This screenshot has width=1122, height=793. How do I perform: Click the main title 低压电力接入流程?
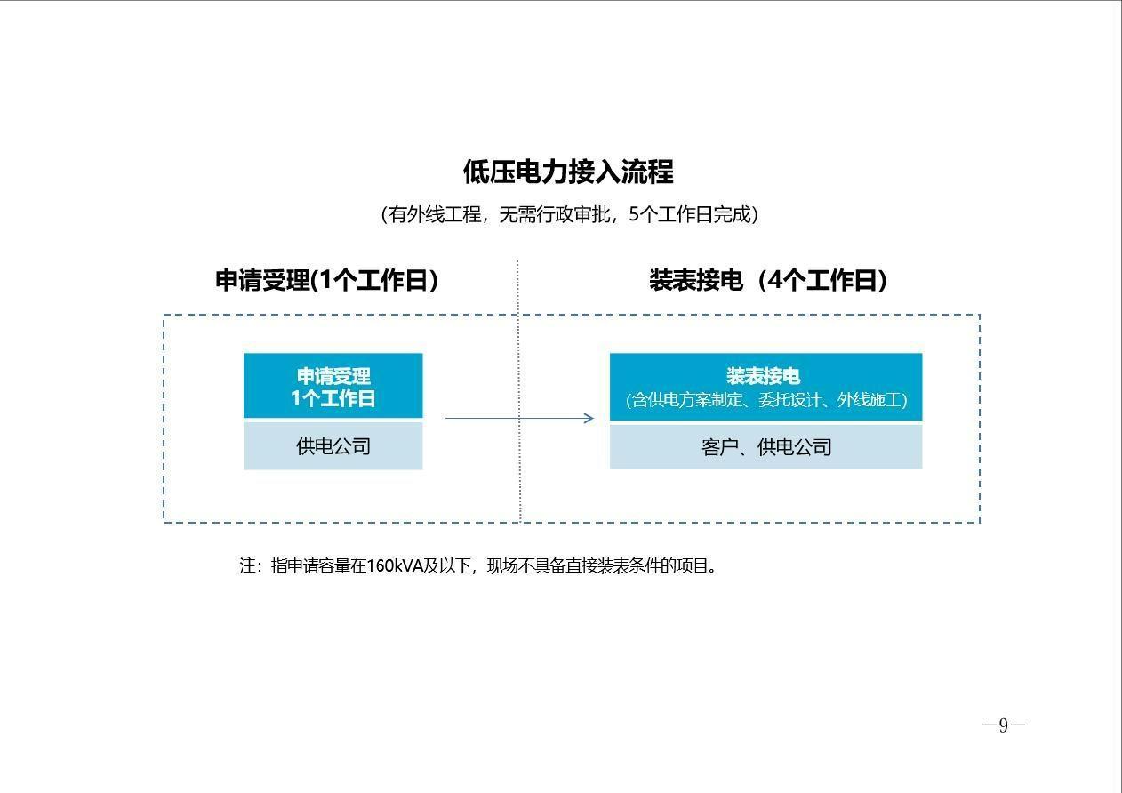tap(568, 172)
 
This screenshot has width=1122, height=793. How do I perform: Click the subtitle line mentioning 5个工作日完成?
tap(570, 214)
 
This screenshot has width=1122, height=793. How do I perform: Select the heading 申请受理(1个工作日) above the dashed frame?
tap(327, 279)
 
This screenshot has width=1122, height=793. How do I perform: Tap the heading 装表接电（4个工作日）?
tap(768, 279)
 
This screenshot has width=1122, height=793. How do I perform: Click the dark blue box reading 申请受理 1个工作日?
tap(333, 385)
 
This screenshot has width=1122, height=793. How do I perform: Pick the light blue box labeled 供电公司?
tap(333, 446)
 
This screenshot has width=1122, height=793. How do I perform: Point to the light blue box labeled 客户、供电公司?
tap(765, 447)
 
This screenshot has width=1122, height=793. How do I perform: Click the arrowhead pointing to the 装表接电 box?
tap(589, 418)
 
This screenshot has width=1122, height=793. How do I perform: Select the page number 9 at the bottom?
tap(1003, 725)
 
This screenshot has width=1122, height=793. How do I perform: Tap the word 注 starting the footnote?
tap(247, 566)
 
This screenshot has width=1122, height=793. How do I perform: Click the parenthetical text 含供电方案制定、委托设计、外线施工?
tap(766, 400)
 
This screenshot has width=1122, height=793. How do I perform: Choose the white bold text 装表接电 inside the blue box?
tap(764, 376)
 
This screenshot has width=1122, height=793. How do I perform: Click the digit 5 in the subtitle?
tap(634, 214)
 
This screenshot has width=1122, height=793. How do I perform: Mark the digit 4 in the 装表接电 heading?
tap(775, 279)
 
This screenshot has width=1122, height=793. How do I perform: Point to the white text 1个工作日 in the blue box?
tap(333, 398)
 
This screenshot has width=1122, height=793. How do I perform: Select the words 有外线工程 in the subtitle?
tap(435, 214)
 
